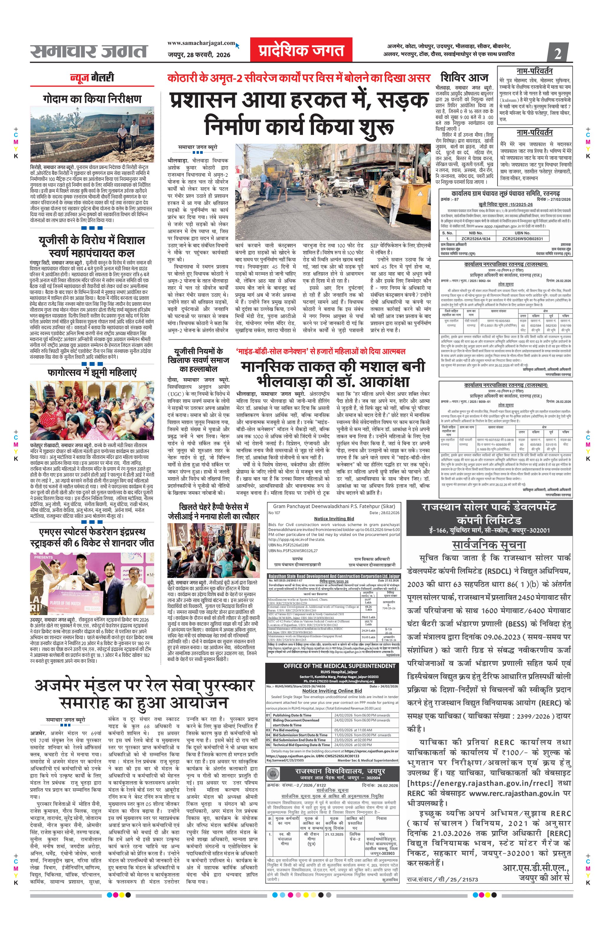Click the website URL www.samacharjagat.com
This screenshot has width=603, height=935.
[201, 43]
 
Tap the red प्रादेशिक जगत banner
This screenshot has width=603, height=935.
[301, 50]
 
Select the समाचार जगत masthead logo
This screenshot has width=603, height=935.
[88, 51]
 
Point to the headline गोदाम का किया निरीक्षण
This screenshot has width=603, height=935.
[93, 99]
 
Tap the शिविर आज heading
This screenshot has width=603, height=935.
[464, 77]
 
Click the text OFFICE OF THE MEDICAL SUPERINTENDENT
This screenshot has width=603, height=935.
[340, 666]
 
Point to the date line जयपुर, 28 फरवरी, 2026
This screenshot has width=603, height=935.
[199, 55]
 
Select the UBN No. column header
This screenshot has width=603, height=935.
[522, 233]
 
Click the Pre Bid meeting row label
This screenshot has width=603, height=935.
[286, 730]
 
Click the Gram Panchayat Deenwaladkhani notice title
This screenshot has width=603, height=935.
[334, 506]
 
